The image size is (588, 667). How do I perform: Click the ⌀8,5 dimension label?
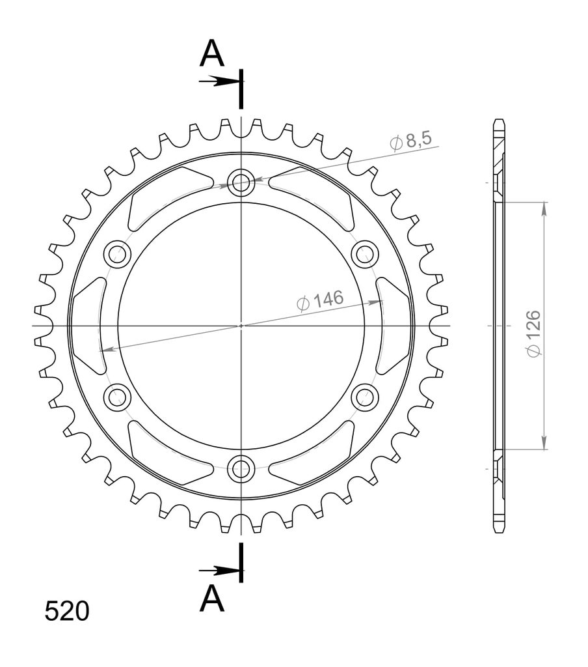coord(410,141)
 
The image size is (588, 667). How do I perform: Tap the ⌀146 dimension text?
coord(320,300)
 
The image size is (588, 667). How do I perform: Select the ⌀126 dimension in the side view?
coord(533,334)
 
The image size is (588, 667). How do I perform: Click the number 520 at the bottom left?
coord(67,611)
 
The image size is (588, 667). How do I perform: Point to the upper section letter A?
coord(211,53)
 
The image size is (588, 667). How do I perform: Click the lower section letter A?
coord(211,598)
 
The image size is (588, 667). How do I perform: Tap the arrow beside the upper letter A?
coord(219,81)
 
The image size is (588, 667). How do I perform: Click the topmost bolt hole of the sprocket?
coord(241,182)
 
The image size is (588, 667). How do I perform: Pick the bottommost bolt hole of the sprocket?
coord(241,469)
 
